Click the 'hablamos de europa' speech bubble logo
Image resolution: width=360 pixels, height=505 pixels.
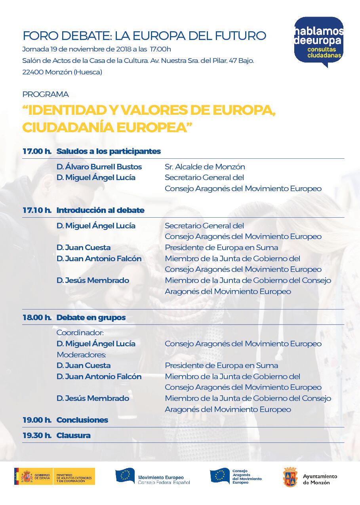pos(318,41)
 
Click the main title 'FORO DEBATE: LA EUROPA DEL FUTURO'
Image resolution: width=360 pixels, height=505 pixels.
pos(144,36)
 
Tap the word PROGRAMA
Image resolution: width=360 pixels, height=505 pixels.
pos(46,94)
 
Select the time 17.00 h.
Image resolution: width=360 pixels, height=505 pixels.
pos(37,151)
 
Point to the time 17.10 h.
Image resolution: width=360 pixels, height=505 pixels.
pos(37,210)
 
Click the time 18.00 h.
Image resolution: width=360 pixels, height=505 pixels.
pos(37,317)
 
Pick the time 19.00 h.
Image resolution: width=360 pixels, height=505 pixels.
pos(37,420)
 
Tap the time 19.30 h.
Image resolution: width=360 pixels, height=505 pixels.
pos(37,435)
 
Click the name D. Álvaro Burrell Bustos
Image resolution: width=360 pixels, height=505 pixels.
pos(99,167)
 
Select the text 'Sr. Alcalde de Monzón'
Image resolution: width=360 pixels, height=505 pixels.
pos(205,167)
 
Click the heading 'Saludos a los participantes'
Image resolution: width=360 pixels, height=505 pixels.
pos(109,151)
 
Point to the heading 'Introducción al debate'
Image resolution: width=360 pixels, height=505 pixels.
pos(100,210)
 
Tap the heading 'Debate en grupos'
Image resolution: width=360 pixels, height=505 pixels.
pos(91,317)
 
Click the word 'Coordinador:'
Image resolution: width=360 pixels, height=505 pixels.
pos(80,333)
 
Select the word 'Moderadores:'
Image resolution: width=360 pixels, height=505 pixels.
pos(81,355)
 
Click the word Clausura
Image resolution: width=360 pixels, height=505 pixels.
pos(74,435)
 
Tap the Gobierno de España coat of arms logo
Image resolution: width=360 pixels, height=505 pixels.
pos(27,476)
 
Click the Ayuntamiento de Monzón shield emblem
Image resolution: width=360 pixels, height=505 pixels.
pos(290,477)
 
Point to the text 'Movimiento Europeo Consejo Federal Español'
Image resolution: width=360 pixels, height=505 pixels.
pos(164,480)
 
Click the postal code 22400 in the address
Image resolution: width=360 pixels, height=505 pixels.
pos(32,72)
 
